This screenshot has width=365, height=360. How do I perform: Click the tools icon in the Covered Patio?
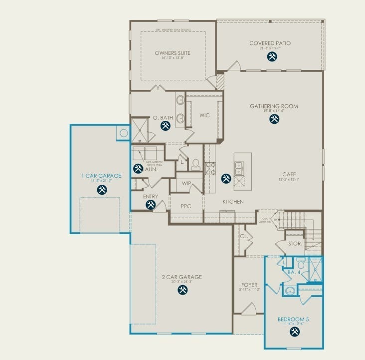pos(272,56)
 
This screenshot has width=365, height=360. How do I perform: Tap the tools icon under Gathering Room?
pos(274,119)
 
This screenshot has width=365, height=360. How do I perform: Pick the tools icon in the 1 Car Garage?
pos(102,189)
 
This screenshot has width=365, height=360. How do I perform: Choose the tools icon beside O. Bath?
pos(165,127)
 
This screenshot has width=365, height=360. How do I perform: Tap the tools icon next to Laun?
pos(138,169)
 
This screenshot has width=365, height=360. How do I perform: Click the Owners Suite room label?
pos(173,52)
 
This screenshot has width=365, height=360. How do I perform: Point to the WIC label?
pos(204,115)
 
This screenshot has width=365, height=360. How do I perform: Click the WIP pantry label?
pos(186,183)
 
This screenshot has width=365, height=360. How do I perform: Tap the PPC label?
pos(186,206)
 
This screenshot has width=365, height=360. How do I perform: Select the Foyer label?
pos(249,285)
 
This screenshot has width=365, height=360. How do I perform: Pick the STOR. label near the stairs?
pos(294,244)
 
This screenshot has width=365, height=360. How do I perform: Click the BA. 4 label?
pos(293,273)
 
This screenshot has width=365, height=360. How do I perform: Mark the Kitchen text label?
pos(233,202)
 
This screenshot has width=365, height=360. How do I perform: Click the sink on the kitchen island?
pos(239,168)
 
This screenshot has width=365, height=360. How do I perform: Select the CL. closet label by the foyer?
pos(244,236)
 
